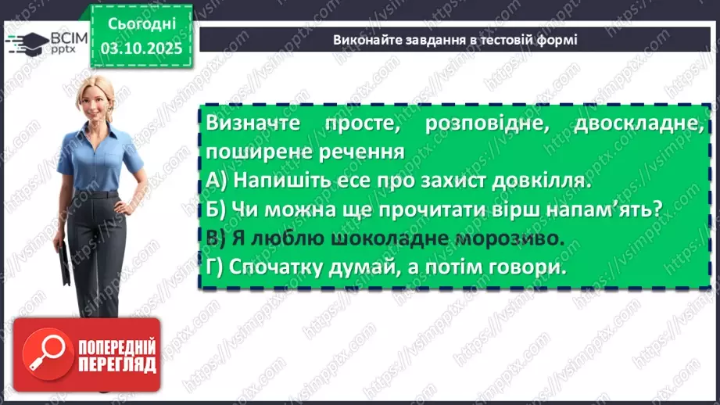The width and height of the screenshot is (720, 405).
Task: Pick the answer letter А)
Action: [218, 180]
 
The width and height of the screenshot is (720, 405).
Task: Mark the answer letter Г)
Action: [218, 267]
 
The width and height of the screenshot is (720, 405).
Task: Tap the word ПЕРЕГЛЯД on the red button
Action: [117, 364]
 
